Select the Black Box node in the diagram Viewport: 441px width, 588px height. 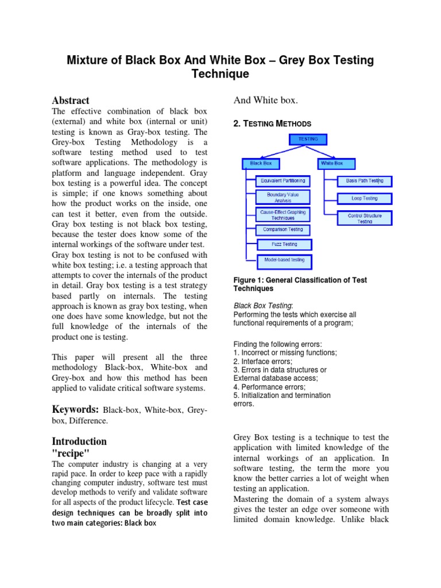pyautogui.click(x=260, y=164)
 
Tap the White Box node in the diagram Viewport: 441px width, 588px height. pyautogui.click(x=332, y=164)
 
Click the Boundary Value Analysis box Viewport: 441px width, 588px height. pyautogui.click(x=283, y=198)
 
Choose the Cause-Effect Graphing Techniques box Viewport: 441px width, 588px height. pyautogui.click(x=283, y=215)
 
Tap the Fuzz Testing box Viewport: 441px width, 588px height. pyautogui.click(x=285, y=245)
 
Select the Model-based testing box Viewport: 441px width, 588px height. pyautogui.click(x=285, y=260)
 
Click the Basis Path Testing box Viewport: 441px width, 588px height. pyautogui.click(x=364, y=181)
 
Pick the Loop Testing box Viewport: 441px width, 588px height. pyautogui.click(x=365, y=198)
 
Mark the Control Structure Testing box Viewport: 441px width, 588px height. pyautogui.click(x=365, y=218)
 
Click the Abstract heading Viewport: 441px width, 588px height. pyautogui.click(x=71, y=100)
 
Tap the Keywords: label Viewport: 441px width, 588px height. pyautogui.click(x=76, y=409)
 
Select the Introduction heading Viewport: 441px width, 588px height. pyautogui.click(x=79, y=441)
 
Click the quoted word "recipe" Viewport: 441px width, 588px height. pyautogui.click(x=71, y=453)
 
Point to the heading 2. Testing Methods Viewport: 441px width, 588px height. pyautogui.click(x=272, y=123)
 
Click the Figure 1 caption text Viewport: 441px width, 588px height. pyautogui.click(x=300, y=284)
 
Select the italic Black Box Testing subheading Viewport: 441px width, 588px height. pyautogui.click(x=262, y=306)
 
